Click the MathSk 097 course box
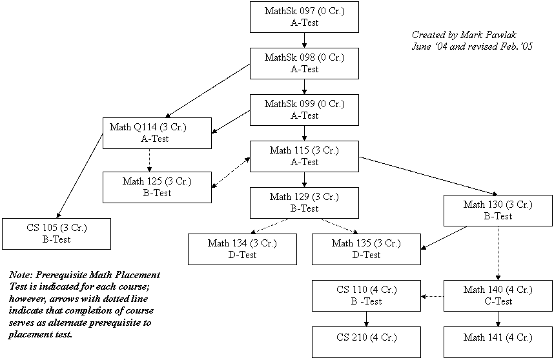(304, 17)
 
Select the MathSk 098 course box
(304, 63)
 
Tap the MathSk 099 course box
(304, 110)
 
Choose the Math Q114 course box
(157, 133)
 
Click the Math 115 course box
(304, 156)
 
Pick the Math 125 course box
(157, 187)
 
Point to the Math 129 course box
(304, 203)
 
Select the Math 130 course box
(498, 210)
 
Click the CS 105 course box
(56, 234)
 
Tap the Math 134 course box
(242, 249)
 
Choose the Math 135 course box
(366, 249)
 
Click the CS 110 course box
(366, 295)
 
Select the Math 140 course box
(498, 295)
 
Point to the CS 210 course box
(366, 342)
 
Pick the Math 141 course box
(498, 342)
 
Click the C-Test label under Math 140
(498, 301)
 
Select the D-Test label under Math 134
(242, 255)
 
